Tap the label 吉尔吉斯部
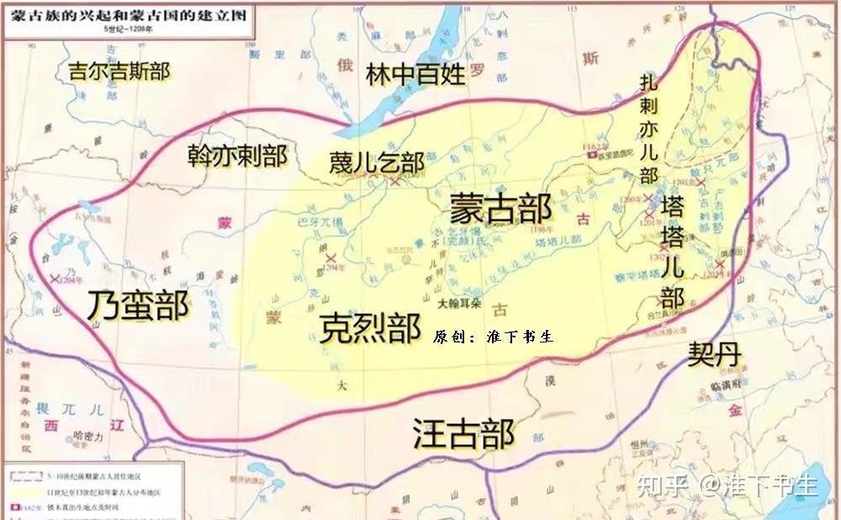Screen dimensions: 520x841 point(119,71)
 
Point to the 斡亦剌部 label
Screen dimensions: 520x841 point(237,157)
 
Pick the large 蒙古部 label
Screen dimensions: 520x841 point(500,208)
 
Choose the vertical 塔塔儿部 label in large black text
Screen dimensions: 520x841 point(672,252)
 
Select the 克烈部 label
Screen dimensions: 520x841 point(370,327)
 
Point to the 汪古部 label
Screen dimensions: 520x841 point(463,433)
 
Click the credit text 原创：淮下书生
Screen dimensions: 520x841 point(493,337)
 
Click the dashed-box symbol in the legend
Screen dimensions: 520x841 point(15,475)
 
